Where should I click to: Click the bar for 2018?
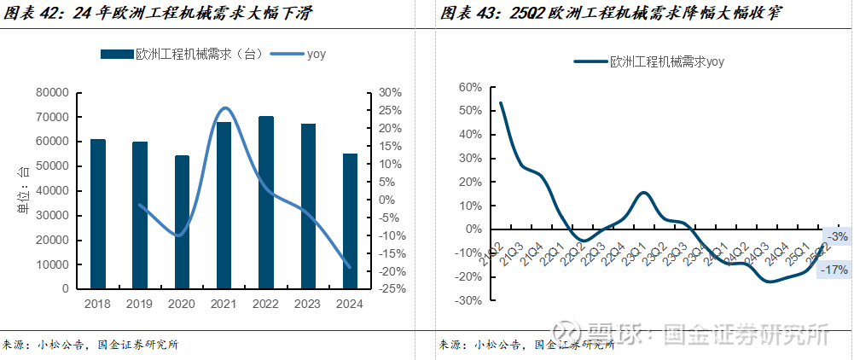click(98, 213)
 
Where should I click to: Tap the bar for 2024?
click(350, 221)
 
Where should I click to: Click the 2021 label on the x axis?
click(224, 304)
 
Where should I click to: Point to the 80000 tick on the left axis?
click(52, 92)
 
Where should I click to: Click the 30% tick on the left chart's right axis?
click(391, 92)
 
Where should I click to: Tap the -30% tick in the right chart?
click(469, 300)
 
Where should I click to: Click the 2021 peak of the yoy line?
click(224, 108)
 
